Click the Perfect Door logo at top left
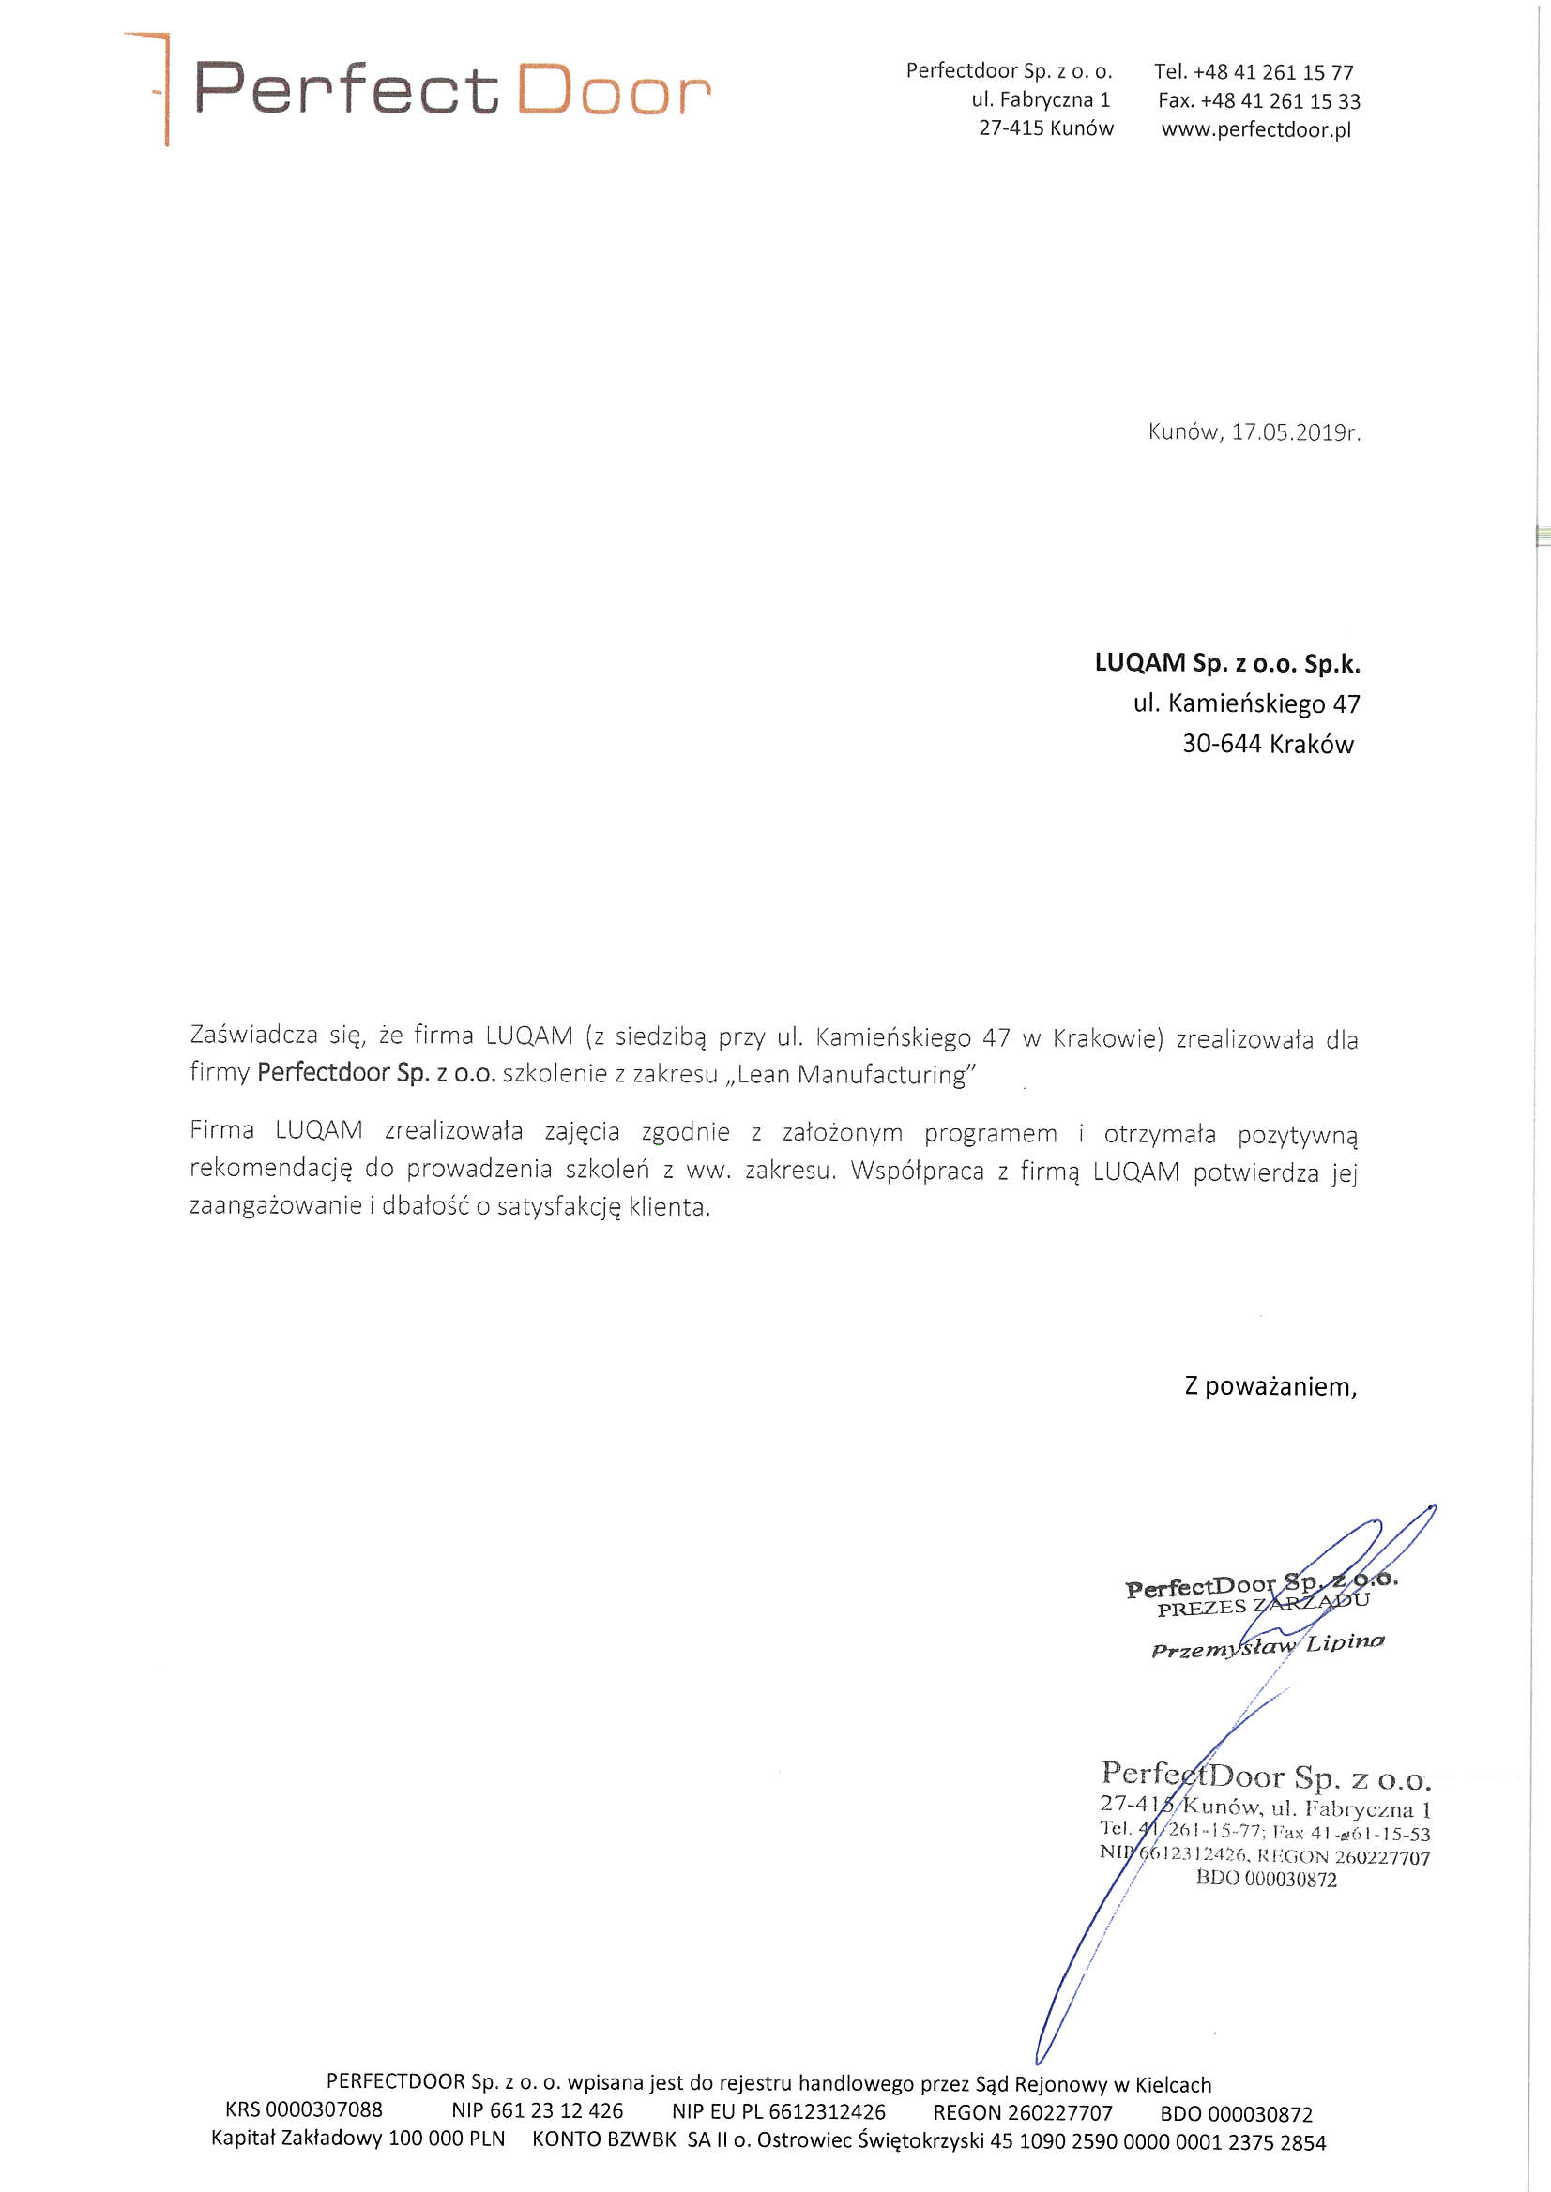pyautogui.click(x=420, y=90)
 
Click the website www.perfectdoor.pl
pyautogui.click(x=1255, y=129)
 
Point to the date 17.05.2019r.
pyautogui.click(x=1295, y=432)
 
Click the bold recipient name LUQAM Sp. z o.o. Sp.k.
pyautogui.click(x=1227, y=663)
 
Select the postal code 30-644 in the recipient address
pyautogui.click(x=1222, y=744)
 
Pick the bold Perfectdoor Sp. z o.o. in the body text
pyautogui.click(x=376, y=1073)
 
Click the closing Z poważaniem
pyautogui.click(x=1270, y=1386)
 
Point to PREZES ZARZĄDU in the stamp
pyautogui.click(x=1263, y=1605)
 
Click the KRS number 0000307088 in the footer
pyautogui.click(x=324, y=2109)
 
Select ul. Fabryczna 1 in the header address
pyautogui.click(x=1041, y=100)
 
